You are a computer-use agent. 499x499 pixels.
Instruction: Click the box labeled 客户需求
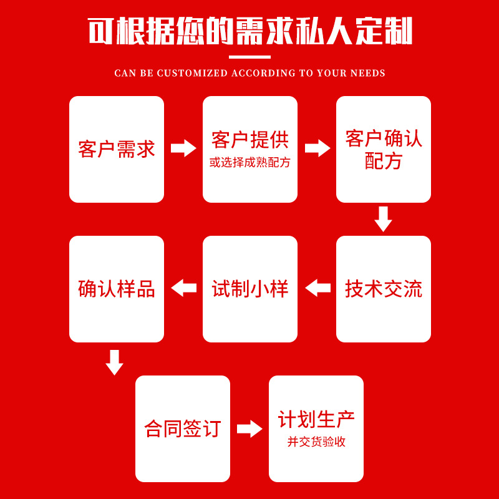[117, 149]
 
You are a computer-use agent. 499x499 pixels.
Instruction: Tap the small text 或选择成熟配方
[250, 163]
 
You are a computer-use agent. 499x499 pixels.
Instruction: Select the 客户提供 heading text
[250, 140]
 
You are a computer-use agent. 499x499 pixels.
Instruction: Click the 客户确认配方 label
[384, 149]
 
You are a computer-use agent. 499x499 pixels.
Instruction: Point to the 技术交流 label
[384, 289]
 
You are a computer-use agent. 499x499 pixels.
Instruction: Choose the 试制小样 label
[250, 289]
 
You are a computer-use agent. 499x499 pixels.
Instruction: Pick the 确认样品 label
[117, 289]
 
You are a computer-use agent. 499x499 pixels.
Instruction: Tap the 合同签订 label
[183, 429]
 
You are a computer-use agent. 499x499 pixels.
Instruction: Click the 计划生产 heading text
[316, 419]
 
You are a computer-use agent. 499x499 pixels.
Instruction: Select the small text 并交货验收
[316, 442]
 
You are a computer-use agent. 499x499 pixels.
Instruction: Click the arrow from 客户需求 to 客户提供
[183, 148]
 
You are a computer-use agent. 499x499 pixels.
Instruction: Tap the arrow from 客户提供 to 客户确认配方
[317, 148]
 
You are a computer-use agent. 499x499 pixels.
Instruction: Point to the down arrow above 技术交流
[383, 220]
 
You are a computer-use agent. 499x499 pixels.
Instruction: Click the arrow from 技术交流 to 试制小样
[317, 288]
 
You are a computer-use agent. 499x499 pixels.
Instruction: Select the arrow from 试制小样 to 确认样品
[183, 288]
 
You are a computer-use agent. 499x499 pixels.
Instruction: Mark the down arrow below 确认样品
[114, 362]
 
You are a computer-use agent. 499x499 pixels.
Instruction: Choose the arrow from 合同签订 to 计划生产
[249, 429]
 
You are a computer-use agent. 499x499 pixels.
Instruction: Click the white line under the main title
[250, 57]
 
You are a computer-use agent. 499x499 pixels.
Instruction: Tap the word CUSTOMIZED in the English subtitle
[193, 73]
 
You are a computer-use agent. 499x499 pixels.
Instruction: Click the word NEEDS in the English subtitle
[367, 73]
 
